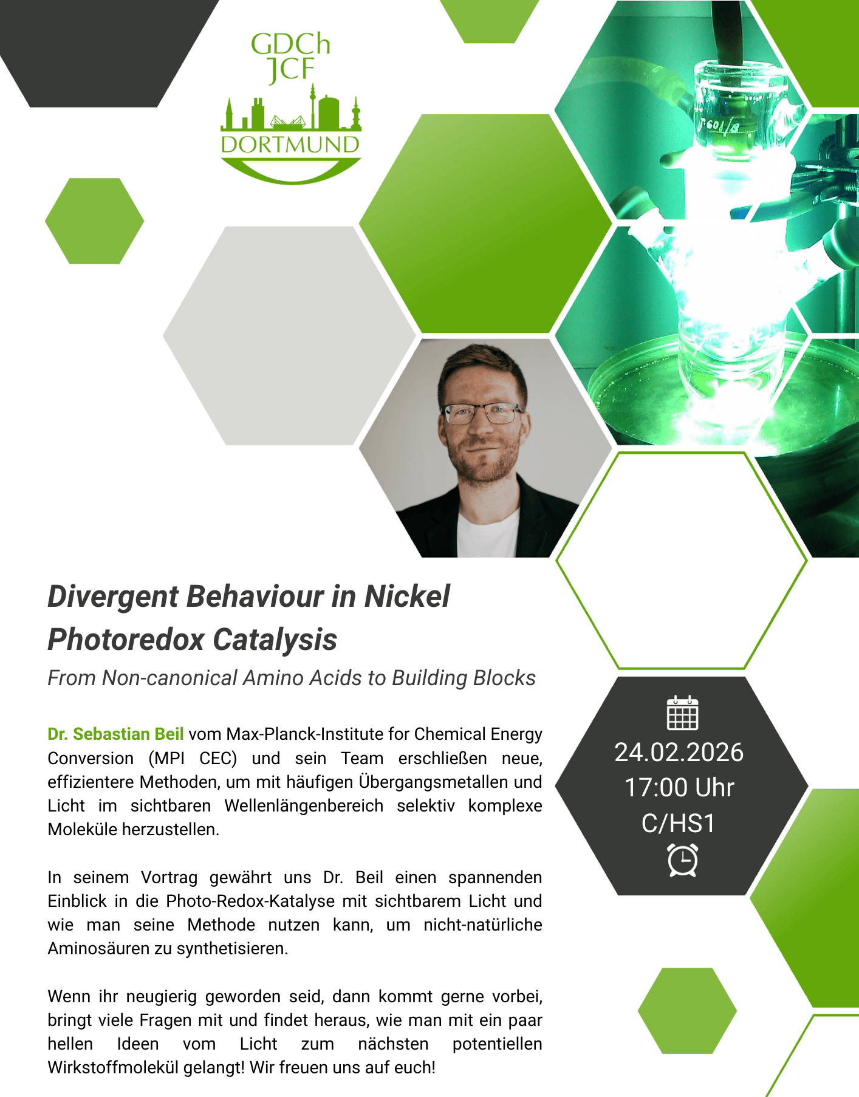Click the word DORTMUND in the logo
point(290,145)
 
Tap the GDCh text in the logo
point(290,44)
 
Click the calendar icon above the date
point(682,713)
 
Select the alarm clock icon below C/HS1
point(683,860)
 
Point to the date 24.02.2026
point(679,753)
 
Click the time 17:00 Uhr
point(679,788)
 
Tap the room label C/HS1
point(679,823)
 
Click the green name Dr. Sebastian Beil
point(115,734)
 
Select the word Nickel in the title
point(407,596)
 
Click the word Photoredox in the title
point(125,640)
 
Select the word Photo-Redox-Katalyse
point(250,901)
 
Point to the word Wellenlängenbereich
point(304,805)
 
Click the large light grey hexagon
point(289,335)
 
